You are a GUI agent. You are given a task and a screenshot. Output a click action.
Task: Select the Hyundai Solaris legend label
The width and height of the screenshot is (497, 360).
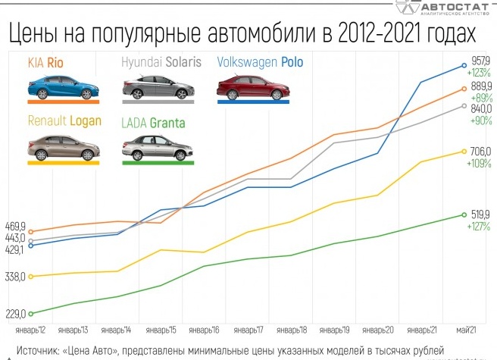[x=161, y=63]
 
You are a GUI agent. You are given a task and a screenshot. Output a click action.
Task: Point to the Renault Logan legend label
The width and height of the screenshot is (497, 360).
[x=63, y=121]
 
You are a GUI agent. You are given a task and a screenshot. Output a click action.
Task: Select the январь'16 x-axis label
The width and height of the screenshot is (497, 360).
[x=205, y=330]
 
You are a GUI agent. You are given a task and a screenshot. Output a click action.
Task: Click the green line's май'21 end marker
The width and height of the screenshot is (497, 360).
[x=464, y=215]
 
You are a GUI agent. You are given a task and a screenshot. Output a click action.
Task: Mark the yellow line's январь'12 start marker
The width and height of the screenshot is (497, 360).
[x=30, y=277]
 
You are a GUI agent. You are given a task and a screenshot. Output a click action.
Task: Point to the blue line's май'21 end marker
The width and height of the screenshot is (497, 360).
[x=464, y=66]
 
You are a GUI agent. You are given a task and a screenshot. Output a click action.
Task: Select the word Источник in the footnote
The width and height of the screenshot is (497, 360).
[x=37, y=351]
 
